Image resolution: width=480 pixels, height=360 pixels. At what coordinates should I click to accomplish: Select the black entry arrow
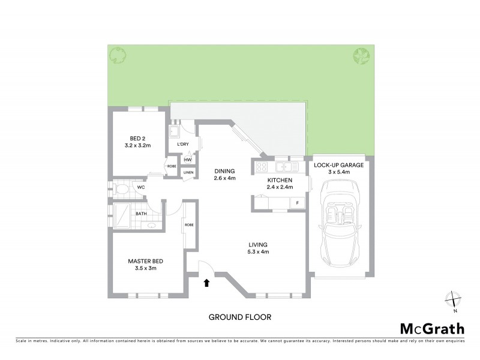[207, 283]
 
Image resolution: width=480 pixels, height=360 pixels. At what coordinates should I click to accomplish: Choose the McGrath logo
[432, 328]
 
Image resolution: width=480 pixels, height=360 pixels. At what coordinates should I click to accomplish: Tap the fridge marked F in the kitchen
[296, 203]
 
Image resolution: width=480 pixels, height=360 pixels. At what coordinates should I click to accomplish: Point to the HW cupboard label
[188, 160]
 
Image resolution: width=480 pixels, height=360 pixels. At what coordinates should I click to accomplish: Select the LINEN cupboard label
[188, 173]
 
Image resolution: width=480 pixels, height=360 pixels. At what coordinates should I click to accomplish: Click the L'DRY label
[182, 145]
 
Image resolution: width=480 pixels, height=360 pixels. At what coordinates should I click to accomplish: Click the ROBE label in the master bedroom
[189, 225]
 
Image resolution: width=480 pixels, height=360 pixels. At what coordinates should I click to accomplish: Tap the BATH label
[141, 214]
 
